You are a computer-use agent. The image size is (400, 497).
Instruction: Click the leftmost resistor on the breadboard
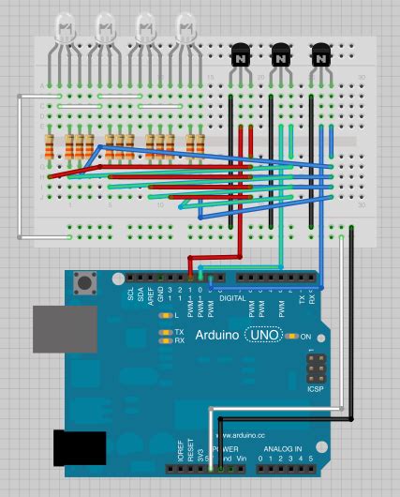click(48, 146)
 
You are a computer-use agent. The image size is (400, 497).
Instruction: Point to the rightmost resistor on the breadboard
click(200, 146)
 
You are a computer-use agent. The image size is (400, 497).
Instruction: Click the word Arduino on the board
click(217, 336)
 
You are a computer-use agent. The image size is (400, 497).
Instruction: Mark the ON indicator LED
click(294, 336)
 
